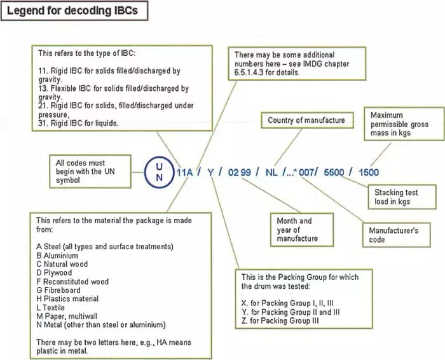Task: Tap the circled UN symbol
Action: point(159,171)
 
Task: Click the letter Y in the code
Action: point(211,172)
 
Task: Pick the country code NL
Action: point(271,172)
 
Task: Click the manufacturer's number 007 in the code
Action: point(308,172)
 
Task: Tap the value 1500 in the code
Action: point(368,172)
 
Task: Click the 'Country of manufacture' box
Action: point(306,120)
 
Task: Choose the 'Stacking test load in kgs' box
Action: point(397,197)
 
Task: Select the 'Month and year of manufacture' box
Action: point(295,230)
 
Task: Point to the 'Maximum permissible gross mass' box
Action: point(399,125)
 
